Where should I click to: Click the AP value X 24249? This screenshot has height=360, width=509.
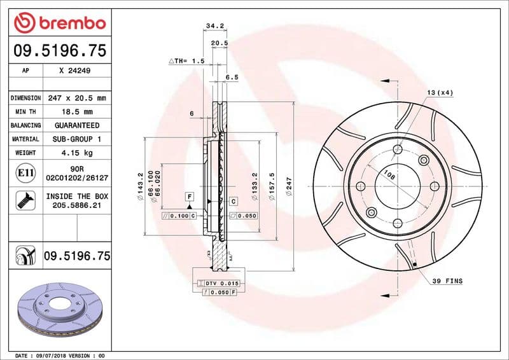(x=74, y=72)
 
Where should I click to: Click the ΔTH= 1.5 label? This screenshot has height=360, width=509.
(x=186, y=60)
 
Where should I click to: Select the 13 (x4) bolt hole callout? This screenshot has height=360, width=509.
(x=440, y=93)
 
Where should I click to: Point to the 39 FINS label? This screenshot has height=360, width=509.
(x=447, y=280)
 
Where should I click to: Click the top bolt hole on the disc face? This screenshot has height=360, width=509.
(x=398, y=149)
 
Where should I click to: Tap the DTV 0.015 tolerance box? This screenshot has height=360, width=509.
(x=221, y=282)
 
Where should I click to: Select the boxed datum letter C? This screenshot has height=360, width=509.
(x=234, y=201)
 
